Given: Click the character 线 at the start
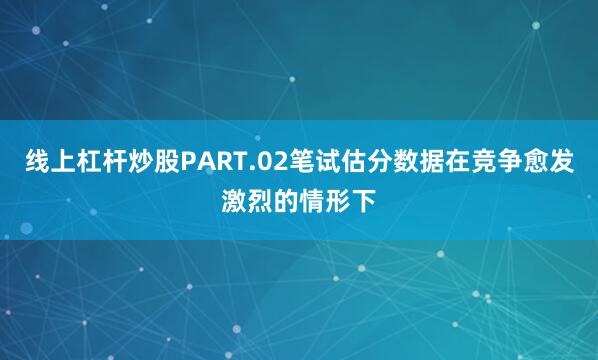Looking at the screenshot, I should click(x=39, y=162).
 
